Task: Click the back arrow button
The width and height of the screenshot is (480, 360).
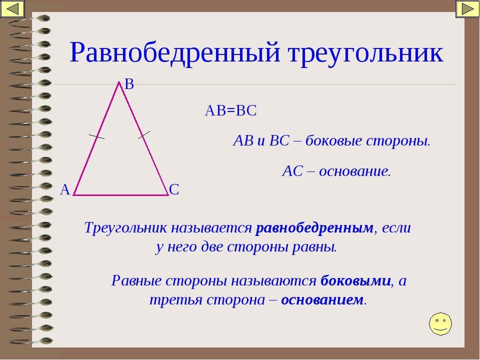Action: tap(12, 9)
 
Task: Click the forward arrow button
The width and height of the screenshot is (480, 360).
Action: tap(467, 9)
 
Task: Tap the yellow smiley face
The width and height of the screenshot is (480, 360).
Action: tap(440, 323)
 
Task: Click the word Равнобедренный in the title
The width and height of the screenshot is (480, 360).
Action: tap(175, 52)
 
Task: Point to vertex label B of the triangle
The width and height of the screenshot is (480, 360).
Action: tap(129, 84)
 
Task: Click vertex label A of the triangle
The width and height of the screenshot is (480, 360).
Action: tap(65, 189)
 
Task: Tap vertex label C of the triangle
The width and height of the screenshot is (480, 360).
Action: tap(174, 189)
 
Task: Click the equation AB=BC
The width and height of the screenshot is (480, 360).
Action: tap(230, 110)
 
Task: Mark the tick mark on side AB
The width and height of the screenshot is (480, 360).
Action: tap(96, 136)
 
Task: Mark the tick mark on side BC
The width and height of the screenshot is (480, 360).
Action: tap(144, 134)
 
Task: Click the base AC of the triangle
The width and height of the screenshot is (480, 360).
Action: tap(121, 194)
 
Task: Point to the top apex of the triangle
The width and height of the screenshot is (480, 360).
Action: tap(119, 82)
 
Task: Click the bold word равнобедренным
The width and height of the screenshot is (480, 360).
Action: tap(314, 228)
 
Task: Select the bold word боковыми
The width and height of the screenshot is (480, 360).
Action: tap(355, 280)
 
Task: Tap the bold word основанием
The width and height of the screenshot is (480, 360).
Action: tap(322, 299)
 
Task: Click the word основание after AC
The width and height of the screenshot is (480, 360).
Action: tap(354, 171)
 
